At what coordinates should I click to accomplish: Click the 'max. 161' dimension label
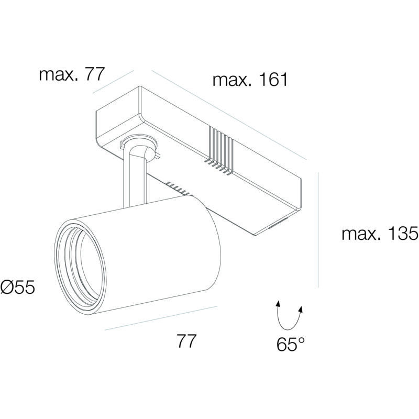[250, 80]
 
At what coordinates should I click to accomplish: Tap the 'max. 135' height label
[380, 233]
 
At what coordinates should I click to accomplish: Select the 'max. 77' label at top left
[71, 74]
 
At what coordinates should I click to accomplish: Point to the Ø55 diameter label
[18, 287]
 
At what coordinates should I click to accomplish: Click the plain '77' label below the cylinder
[186, 341]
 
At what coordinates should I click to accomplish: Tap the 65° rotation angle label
[290, 344]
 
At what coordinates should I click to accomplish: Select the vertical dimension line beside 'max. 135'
[318, 230]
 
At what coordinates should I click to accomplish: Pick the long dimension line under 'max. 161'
[229, 115]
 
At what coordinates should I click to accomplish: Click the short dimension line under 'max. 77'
[113, 82]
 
